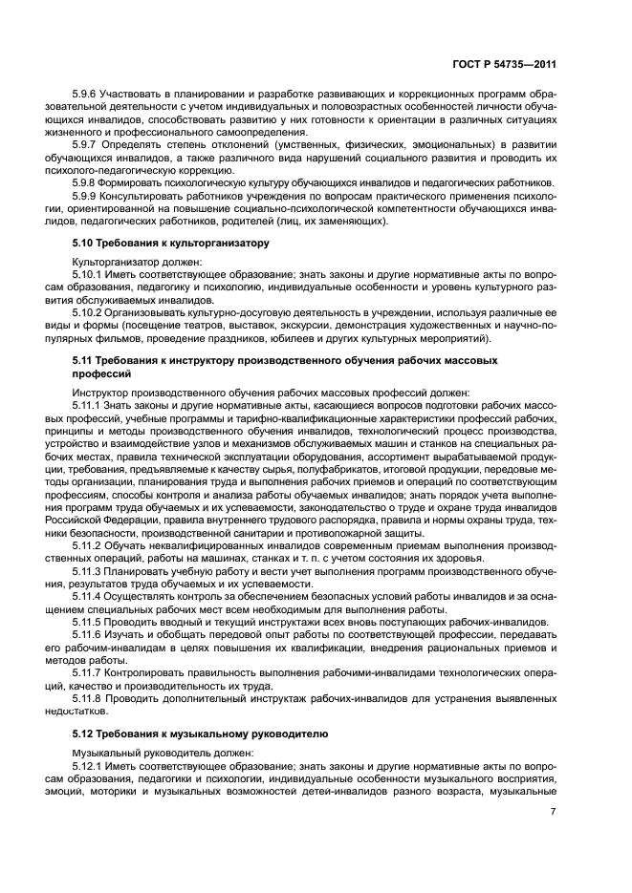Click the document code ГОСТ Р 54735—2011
505,64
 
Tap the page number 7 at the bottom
553,813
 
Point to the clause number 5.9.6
88,97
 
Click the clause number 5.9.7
88,143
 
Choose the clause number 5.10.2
91,312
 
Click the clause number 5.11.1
91,406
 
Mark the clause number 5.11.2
91,544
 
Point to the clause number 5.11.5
91,621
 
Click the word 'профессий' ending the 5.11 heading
100,375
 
